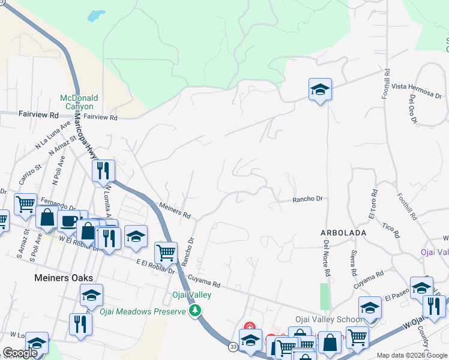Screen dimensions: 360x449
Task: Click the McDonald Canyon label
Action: tap(79, 102)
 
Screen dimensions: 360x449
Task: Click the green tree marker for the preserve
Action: tap(194, 310)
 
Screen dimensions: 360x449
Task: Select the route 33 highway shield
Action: tap(233, 346)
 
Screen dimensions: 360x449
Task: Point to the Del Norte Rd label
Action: tap(327, 259)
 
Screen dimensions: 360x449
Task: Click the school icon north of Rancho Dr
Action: tap(320, 90)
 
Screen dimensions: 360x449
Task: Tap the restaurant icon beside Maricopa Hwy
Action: tap(103, 170)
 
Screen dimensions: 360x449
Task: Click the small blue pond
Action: tap(96, 16)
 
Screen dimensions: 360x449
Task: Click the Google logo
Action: tap(20, 353)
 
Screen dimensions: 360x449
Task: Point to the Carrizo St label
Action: tap(28, 173)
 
